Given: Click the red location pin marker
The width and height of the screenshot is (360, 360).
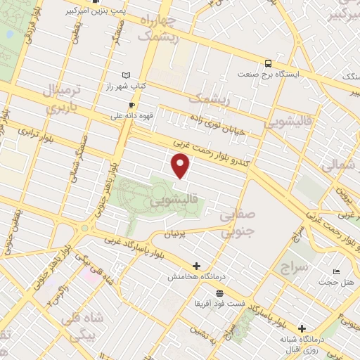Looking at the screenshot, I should tap(181, 166).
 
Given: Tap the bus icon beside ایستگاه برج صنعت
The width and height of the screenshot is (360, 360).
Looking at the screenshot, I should tap(268, 63).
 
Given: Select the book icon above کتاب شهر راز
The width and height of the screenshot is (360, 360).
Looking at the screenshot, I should tap(127, 75).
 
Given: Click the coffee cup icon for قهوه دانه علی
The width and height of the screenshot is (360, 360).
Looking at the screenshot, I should tap(132, 105).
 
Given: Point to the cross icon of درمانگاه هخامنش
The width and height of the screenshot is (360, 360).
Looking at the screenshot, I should tap(196, 266).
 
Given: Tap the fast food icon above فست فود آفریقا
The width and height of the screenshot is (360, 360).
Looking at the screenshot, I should tap(220, 292).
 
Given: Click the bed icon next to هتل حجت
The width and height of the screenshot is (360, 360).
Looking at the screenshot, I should tap(337, 272).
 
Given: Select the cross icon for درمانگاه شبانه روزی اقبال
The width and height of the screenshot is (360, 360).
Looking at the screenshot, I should tap(302, 328).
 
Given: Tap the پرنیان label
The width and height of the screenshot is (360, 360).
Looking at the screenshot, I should tap(176, 233).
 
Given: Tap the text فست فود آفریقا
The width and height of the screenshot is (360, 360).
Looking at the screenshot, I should tap(220, 304).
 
